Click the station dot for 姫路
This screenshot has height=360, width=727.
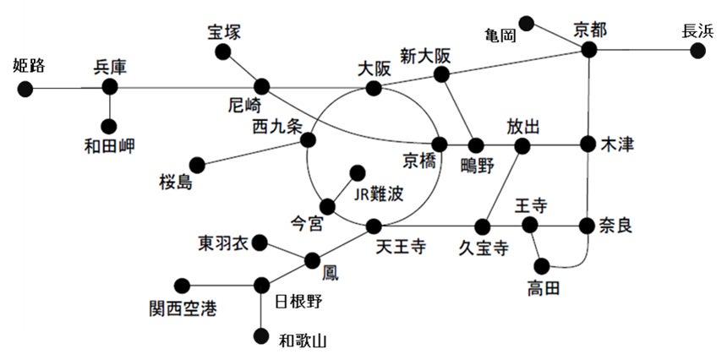pyautogui.click(x=25, y=88)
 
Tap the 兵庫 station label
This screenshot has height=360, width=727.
pyautogui.click(x=110, y=67)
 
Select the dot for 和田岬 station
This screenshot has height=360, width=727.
pyautogui.click(x=110, y=126)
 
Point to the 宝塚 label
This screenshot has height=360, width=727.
pyautogui.click(x=224, y=33)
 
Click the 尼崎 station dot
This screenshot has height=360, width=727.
pyautogui.click(x=261, y=86)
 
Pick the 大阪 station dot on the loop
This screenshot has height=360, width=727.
pyautogui.click(x=373, y=86)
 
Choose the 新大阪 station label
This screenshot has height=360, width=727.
pyautogui.click(x=425, y=56)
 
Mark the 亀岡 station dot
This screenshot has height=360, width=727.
pyautogui.click(x=527, y=22)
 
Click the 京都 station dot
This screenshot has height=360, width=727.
pyautogui.click(x=589, y=51)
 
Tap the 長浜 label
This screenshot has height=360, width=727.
pyautogui.click(x=697, y=31)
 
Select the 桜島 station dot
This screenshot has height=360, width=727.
pyautogui.click(x=197, y=163)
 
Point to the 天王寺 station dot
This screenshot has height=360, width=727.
pyautogui.click(x=373, y=226)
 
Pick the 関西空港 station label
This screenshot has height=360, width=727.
pyautogui.click(x=182, y=308)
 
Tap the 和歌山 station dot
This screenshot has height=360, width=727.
pyautogui.click(x=261, y=335)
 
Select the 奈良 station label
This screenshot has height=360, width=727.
pyautogui.click(x=617, y=226)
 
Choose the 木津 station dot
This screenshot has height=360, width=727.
pyautogui.click(x=589, y=145)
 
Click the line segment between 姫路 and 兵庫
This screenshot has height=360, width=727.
pyautogui.click(x=68, y=87)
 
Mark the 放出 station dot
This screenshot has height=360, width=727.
pyautogui.click(x=522, y=145)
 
